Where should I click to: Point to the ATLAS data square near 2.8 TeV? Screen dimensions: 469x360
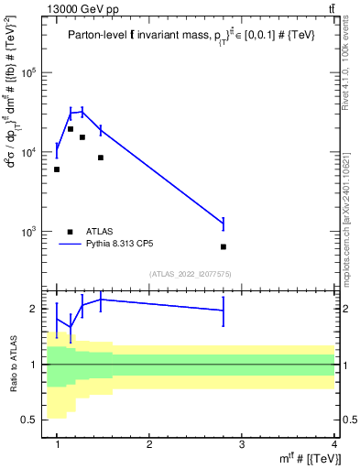(x=224, y=246)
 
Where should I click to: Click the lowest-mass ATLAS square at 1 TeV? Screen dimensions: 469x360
(x=57, y=169)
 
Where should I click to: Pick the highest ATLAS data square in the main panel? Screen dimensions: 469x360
(x=70, y=129)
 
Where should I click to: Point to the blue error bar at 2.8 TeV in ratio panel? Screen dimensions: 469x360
(x=224, y=311)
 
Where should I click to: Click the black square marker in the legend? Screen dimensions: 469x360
(x=70, y=232)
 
